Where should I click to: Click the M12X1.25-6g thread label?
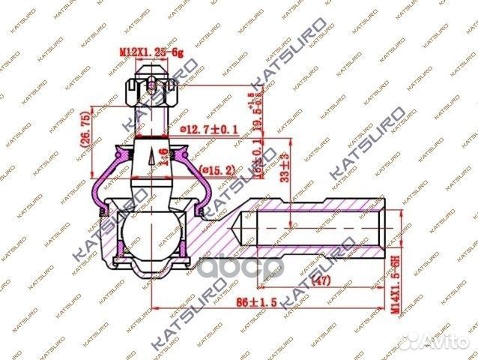click(x=151, y=52)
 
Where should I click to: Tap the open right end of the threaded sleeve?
click(x=387, y=223)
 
